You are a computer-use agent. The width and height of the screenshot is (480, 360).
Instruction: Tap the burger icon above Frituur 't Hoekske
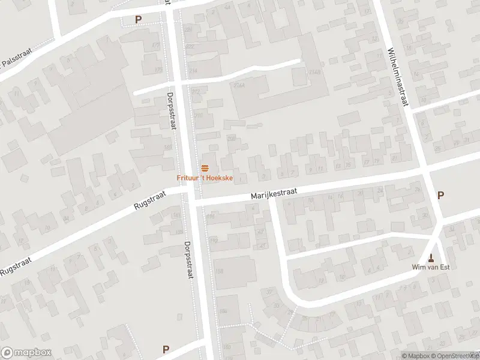204,167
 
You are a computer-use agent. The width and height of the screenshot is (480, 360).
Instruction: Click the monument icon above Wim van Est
431,258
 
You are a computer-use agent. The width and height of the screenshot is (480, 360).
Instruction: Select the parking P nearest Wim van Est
441,195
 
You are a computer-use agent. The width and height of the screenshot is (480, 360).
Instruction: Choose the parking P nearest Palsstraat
138,19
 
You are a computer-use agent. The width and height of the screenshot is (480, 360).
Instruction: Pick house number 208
230,138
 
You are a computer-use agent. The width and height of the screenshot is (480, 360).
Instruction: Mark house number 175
158,46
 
